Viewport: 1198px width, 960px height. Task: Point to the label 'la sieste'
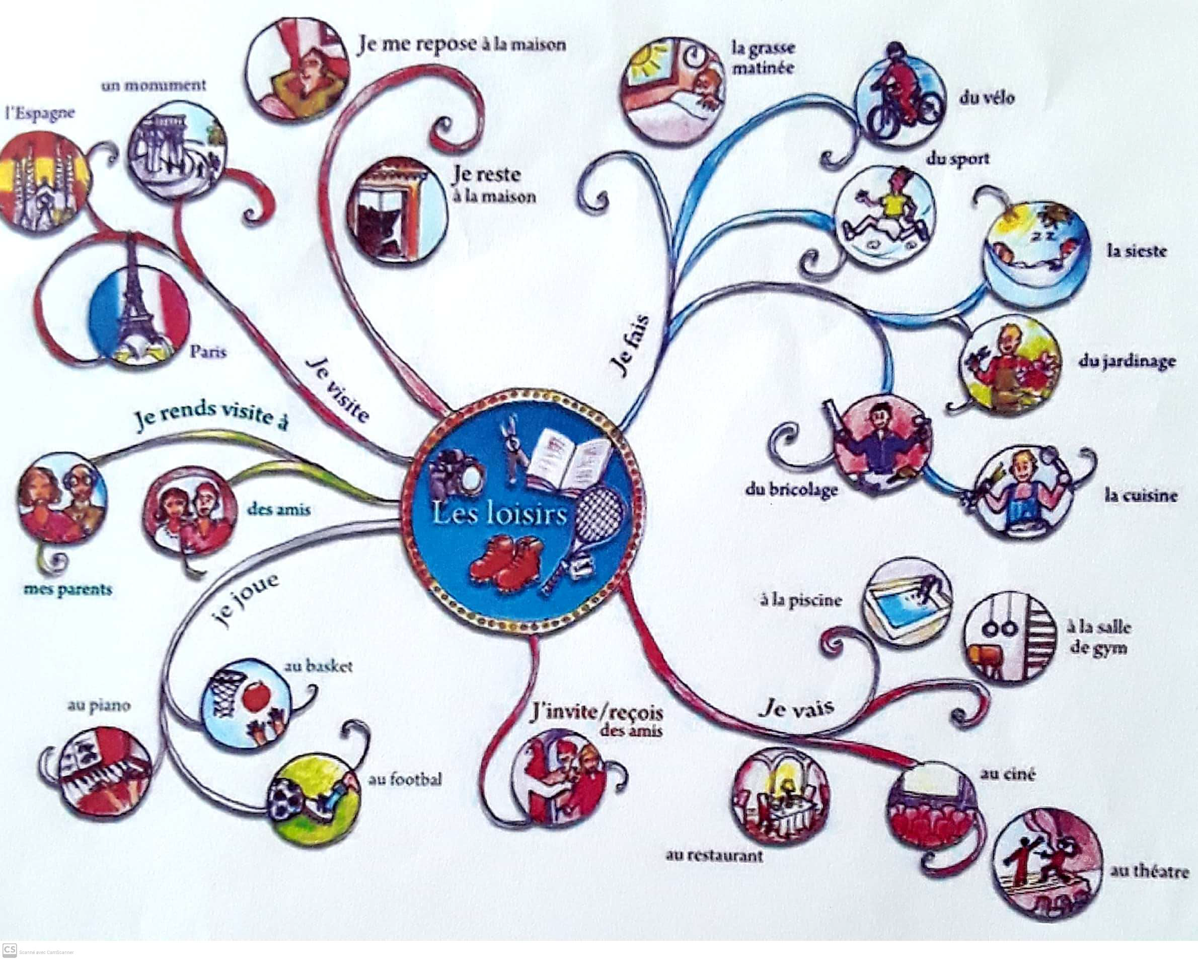[1136, 251]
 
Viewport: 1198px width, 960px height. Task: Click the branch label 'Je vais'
[796, 710]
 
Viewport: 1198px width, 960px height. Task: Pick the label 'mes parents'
[68, 589]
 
